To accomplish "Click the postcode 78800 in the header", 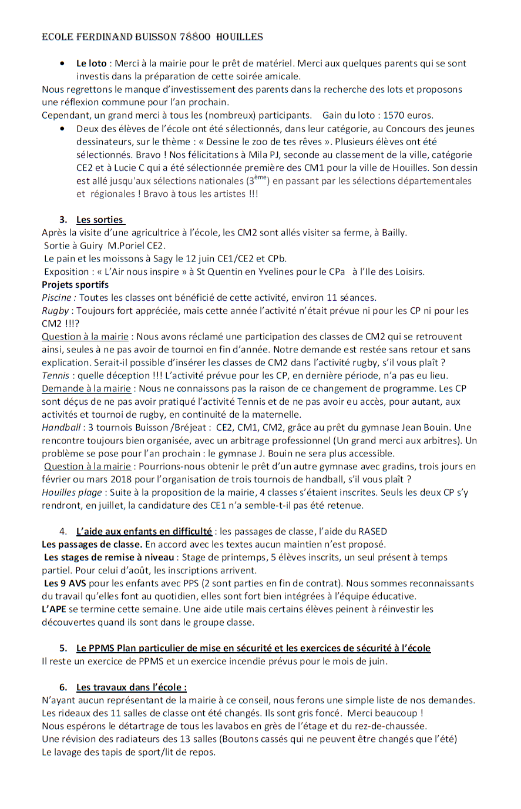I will click(195, 37).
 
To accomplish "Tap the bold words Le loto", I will click(92, 63).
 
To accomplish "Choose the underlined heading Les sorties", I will click(100, 220).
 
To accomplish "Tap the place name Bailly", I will click(394, 233).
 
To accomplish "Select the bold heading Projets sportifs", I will click(75, 285).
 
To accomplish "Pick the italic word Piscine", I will click(59, 298).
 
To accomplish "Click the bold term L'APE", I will click(53, 609).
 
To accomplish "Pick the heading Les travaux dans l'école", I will click(132, 687).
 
